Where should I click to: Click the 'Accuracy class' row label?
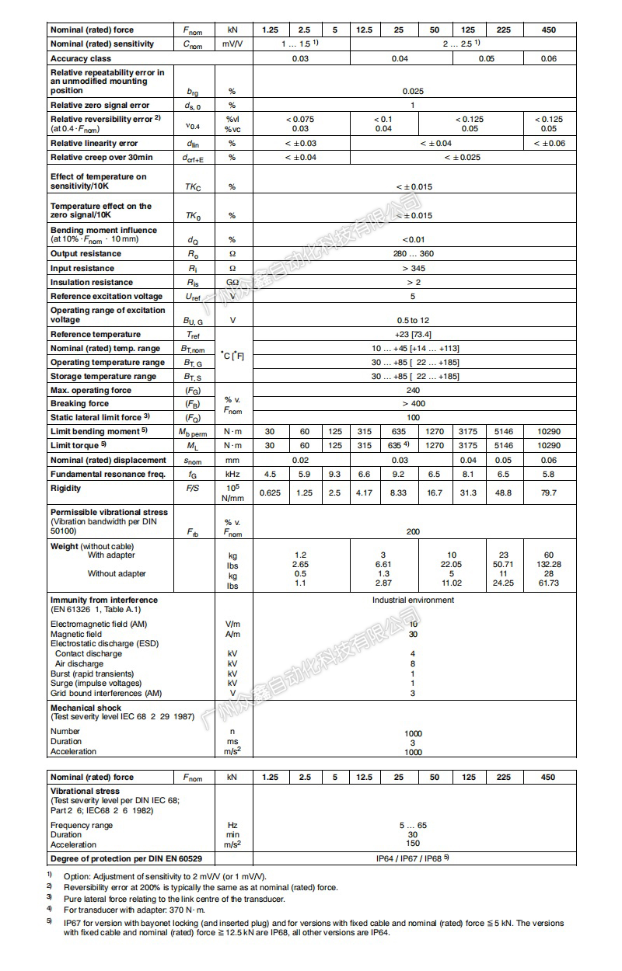click(x=81, y=58)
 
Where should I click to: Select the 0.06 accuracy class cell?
click(x=548, y=58)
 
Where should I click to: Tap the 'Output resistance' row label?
click(x=86, y=253)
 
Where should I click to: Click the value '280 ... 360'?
click(x=413, y=253)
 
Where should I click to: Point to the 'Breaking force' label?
click(x=79, y=404)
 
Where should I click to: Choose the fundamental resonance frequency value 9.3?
click(x=334, y=474)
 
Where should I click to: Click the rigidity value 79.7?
click(x=548, y=492)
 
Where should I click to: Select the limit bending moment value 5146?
click(x=504, y=431)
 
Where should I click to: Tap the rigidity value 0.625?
click(x=270, y=492)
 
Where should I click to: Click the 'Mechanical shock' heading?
click(x=86, y=708)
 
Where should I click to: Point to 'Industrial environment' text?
click(x=413, y=600)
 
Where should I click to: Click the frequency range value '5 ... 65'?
click(x=413, y=825)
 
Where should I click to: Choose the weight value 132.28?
click(x=548, y=565)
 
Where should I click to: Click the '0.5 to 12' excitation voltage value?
click(x=413, y=320)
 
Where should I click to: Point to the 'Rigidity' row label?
click(x=65, y=488)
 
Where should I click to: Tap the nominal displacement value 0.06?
click(x=548, y=460)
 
